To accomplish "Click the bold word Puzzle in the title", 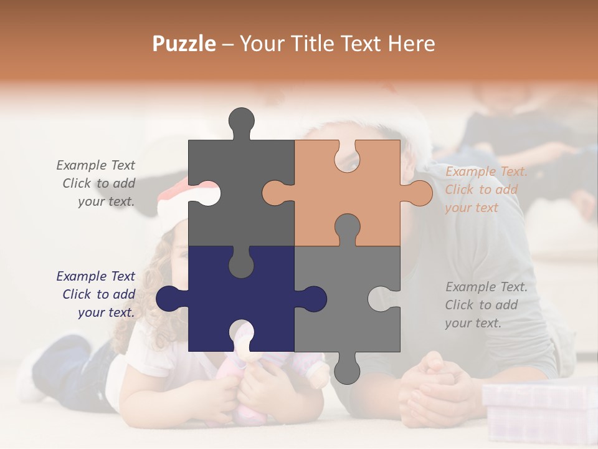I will (184, 44).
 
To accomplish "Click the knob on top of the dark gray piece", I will (241, 122).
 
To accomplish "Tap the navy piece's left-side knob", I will (170, 299).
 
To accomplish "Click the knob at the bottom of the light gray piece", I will (347, 369).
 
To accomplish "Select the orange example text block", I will (485, 190).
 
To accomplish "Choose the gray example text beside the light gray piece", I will (485, 305).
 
